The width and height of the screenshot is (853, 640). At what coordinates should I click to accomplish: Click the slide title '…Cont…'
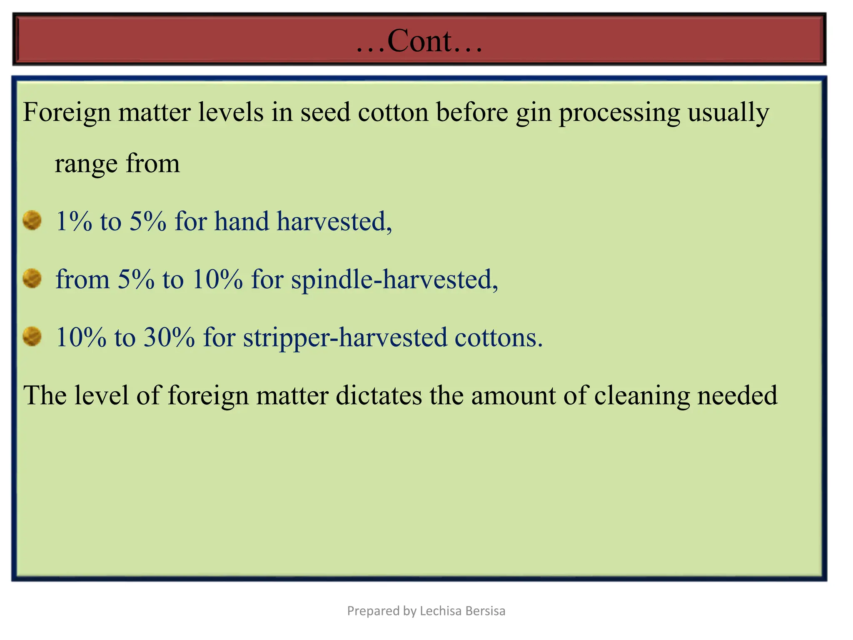click(419, 41)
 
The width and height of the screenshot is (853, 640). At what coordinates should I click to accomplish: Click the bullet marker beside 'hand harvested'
click(32, 220)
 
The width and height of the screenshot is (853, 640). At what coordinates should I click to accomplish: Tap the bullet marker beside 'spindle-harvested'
click(32, 278)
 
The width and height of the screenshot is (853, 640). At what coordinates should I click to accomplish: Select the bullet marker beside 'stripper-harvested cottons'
click(32, 336)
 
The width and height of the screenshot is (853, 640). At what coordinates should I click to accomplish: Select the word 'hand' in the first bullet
click(242, 221)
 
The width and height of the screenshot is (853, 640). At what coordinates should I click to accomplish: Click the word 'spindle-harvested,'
click(394, 279)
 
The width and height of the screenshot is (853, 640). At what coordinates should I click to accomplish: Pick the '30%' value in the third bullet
click(169, 337)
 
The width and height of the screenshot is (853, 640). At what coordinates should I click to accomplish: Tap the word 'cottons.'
click(499, 337)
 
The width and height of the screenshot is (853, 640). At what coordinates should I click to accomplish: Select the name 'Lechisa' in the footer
click(440, 611)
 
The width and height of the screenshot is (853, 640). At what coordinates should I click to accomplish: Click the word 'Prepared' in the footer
click(373, 611)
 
